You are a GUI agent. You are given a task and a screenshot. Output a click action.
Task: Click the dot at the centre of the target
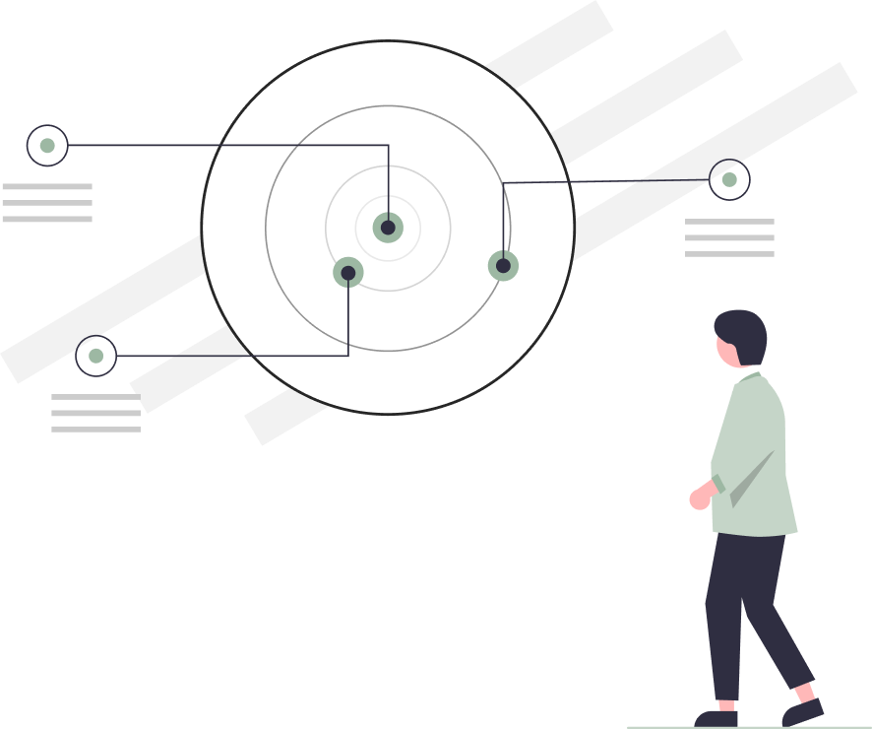tap(388, 228)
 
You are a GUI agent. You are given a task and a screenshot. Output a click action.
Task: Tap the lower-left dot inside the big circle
tap(348, 273)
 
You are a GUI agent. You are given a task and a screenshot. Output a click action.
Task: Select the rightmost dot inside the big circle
tap(503, 266)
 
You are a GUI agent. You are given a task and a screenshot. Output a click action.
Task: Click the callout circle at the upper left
tap(47, 146)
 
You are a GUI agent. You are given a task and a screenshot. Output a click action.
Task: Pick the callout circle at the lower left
tap(95, 356)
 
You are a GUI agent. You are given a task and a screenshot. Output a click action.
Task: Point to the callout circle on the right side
tap(729, 179)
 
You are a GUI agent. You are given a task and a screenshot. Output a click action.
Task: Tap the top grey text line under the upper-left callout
tap(47, 186)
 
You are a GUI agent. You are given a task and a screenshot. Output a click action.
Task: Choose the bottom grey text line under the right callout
tap(729, 254)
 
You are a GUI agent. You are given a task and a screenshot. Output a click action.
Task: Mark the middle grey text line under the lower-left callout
tap(95, 413)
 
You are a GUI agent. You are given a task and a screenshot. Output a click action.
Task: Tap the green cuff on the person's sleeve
tap(719, 484)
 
